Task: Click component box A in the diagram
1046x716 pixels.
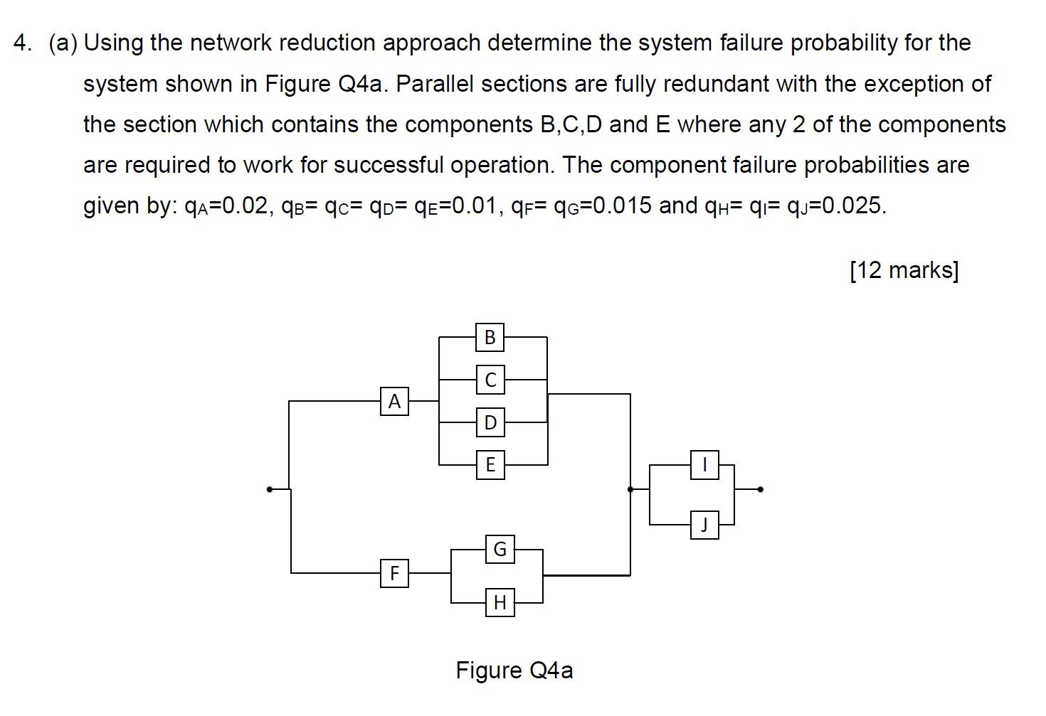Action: tap(394, 402)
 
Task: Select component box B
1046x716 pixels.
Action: tap(490, 337)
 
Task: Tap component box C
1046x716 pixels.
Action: tap(490, 380)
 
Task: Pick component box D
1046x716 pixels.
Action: tap(490, 422)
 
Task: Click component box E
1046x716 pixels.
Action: tap(490, 465)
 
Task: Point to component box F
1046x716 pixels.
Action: tap(394, 572)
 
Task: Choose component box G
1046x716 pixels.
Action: tap(500, 549)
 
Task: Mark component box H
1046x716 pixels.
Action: tap(500, 603)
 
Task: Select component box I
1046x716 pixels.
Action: tap(704, 465)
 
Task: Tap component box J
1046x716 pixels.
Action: tap(704, 525)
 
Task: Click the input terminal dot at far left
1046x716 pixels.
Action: tap(269, 489)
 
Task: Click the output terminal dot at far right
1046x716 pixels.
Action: tap(761, 489)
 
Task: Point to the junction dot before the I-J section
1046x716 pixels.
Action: tap(630, 489)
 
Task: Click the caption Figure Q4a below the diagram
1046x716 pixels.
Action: tap(514, 670)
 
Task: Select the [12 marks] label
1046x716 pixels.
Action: tap(904, 270)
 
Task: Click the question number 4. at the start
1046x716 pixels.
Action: tap(23, 43)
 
